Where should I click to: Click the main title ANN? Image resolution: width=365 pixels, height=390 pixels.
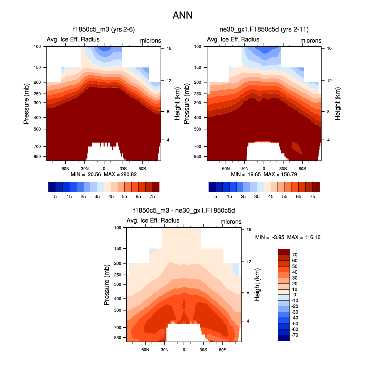tap(182, 15)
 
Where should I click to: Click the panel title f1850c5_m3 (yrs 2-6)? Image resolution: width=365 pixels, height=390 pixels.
tap(104, 30)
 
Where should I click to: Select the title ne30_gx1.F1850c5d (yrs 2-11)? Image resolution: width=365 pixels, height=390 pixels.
tap(263, 30)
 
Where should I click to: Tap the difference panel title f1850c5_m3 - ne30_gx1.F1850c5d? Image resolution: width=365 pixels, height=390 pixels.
tap(184, 211)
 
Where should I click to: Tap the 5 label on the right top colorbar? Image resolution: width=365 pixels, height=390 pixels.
tap(216, 197)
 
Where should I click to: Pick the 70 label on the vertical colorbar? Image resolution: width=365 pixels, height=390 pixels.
tap(295, 254)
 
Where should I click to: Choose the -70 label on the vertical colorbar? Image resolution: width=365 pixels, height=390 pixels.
tap(296, 335)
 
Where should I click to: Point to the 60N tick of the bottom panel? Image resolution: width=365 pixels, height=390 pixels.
tap(145, 350)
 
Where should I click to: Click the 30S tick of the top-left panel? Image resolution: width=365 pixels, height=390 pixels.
tap(122, 169)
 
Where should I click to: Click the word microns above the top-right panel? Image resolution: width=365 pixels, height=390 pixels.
tap(310, 40)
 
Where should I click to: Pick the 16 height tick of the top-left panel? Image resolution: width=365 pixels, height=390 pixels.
tap(169, 49)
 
